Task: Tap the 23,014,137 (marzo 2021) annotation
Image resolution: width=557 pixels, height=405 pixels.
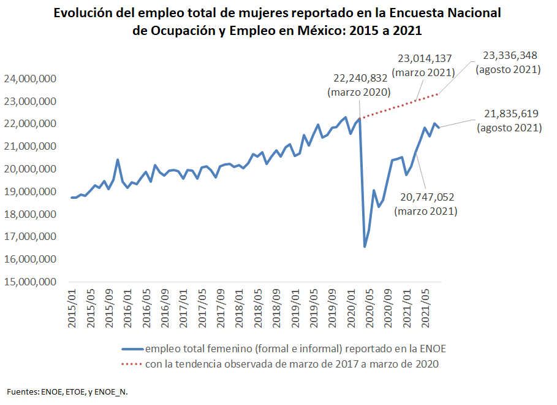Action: click(425, 65)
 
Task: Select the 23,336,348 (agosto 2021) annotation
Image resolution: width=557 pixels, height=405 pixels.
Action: click(508, 62)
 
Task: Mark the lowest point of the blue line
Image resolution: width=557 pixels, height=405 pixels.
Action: click(365, 247)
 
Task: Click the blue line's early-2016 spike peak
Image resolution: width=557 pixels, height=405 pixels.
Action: click(118, 160)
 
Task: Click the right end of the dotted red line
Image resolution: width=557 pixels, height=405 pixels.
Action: click(438, 94)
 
